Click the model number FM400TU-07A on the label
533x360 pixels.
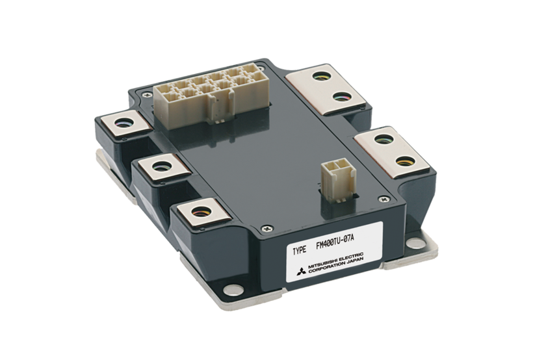click(335, 241)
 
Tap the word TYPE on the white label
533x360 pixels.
click(300, 251)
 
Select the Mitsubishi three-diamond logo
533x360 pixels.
click(301, 271)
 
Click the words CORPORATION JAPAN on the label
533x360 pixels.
click(336, 266)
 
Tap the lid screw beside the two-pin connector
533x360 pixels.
click(385, 199)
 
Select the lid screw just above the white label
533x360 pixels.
click(267, 229)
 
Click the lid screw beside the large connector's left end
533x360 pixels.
click(146, 94)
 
